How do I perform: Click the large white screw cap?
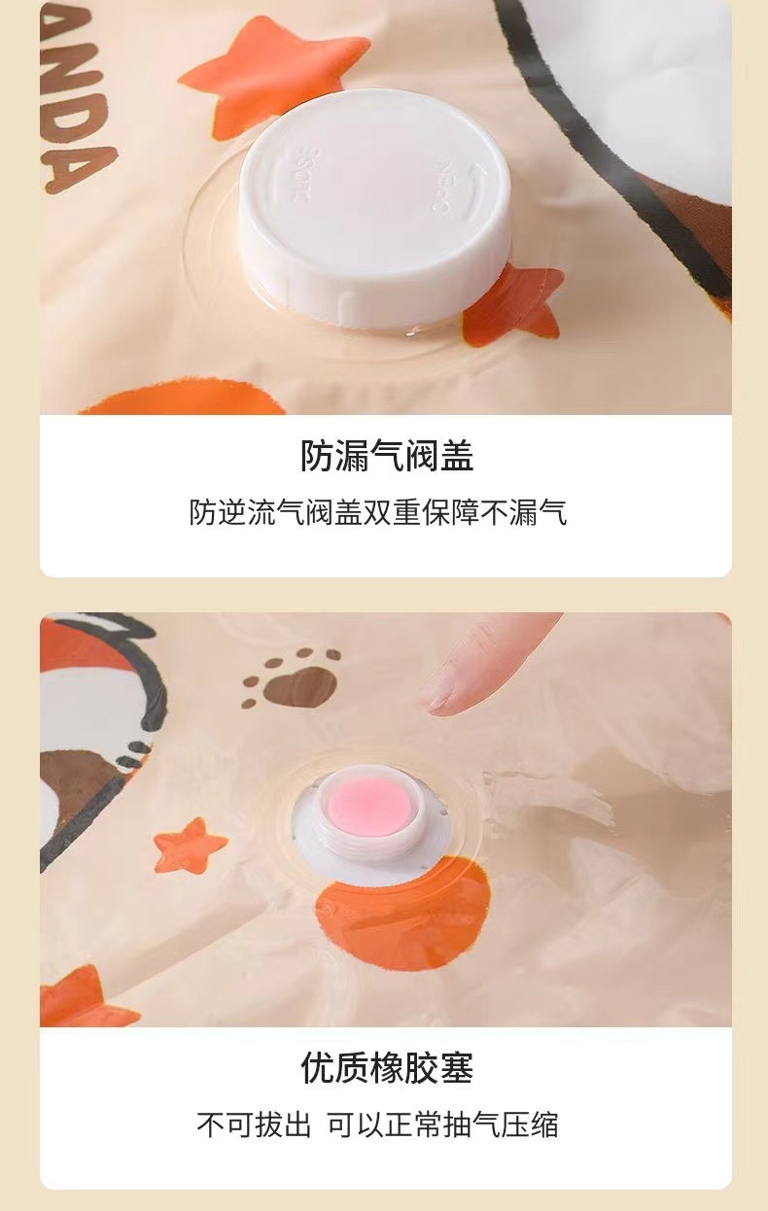click(x=375, y=209)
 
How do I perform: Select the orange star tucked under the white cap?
click(x=512, y=306)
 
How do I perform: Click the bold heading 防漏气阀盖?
click(x=387, y=456)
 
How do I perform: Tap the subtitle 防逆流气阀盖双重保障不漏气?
click(x=378, y=512)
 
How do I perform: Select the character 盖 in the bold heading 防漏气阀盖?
click(x=457, y=456)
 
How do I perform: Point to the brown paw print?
click(x=292, y=678)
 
